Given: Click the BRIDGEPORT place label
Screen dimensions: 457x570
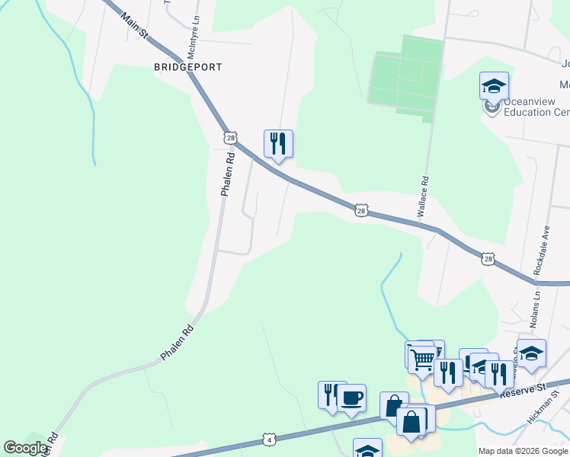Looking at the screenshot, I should (x=188, y=67).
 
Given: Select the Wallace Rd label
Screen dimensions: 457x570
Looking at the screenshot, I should (x=424, y=199).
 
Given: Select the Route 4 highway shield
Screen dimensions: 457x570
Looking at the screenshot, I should (x=268, y=439).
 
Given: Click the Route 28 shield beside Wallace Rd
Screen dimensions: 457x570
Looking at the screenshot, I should (x=362, y=209).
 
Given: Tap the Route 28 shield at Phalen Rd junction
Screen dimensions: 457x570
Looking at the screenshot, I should (x=230, y=138).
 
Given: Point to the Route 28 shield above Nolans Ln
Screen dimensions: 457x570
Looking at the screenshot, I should (x=488, y=260).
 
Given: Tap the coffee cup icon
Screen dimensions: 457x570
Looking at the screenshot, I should (x=351, y=398).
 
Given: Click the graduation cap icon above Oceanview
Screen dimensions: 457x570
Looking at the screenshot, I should (x=494, y=85).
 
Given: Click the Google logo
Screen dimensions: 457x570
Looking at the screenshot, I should (x=26, y=448).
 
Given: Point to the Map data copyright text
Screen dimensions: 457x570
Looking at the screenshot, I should (x=522, y=451).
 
